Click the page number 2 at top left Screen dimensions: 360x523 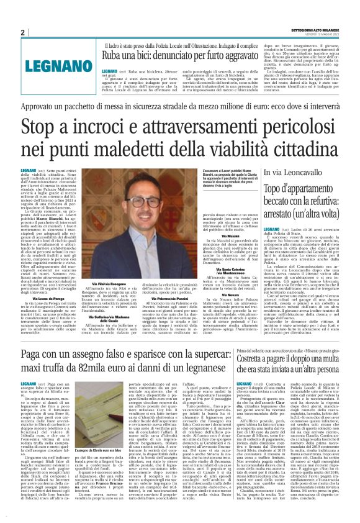click(x=22, y=32)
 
